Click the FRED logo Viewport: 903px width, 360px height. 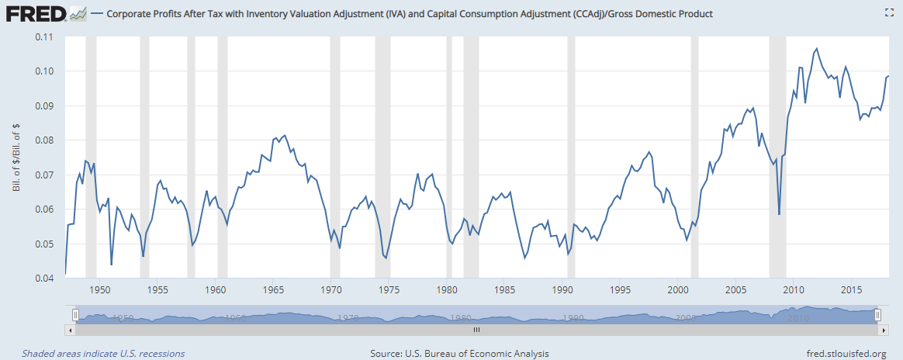pyautogui.click(x=36, y=13)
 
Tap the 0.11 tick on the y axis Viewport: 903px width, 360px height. pyautogui.click(x=43, y=36)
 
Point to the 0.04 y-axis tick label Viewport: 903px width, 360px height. pyautogui.click(x=43, y=279)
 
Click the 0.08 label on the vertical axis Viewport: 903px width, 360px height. pyautogui.click(x=43, y=140)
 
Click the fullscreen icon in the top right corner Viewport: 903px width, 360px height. pyautogui.click(x=889, y=13)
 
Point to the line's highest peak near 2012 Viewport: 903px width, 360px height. pyautogui.click(x=816, y=49)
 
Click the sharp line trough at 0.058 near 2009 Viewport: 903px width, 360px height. pyautogui.click(x=779, y=214)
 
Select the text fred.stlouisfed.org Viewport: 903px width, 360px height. pyautogui.click(x=846, y=354)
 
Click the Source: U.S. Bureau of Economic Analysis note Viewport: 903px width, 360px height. pyautogui.click(x=459, y=354)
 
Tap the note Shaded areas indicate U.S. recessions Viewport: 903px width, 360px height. pyautogui.click(x=103, y=354)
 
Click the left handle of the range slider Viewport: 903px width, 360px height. pyautogui.click(x=74, y=314)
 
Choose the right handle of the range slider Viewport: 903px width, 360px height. pyautogui.click(x=877, y=314)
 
